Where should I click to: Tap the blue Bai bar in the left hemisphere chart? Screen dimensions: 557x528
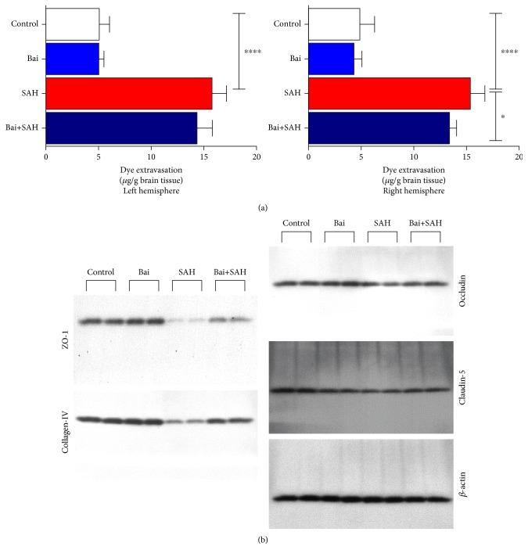point(72,58)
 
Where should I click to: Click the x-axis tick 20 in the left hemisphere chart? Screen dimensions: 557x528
point(257,156)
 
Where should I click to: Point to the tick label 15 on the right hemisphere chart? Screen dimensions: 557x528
point(466,156)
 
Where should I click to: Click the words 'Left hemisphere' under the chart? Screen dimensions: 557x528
point(151,190)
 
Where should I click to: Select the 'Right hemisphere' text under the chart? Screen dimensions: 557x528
point(414,190)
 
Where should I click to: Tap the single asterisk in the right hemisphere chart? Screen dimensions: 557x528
point(503,117)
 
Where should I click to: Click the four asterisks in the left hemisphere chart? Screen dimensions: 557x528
point(252,52)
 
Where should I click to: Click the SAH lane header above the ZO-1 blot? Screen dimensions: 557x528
point(185,272)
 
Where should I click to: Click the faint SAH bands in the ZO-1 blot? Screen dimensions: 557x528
point(185,321)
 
